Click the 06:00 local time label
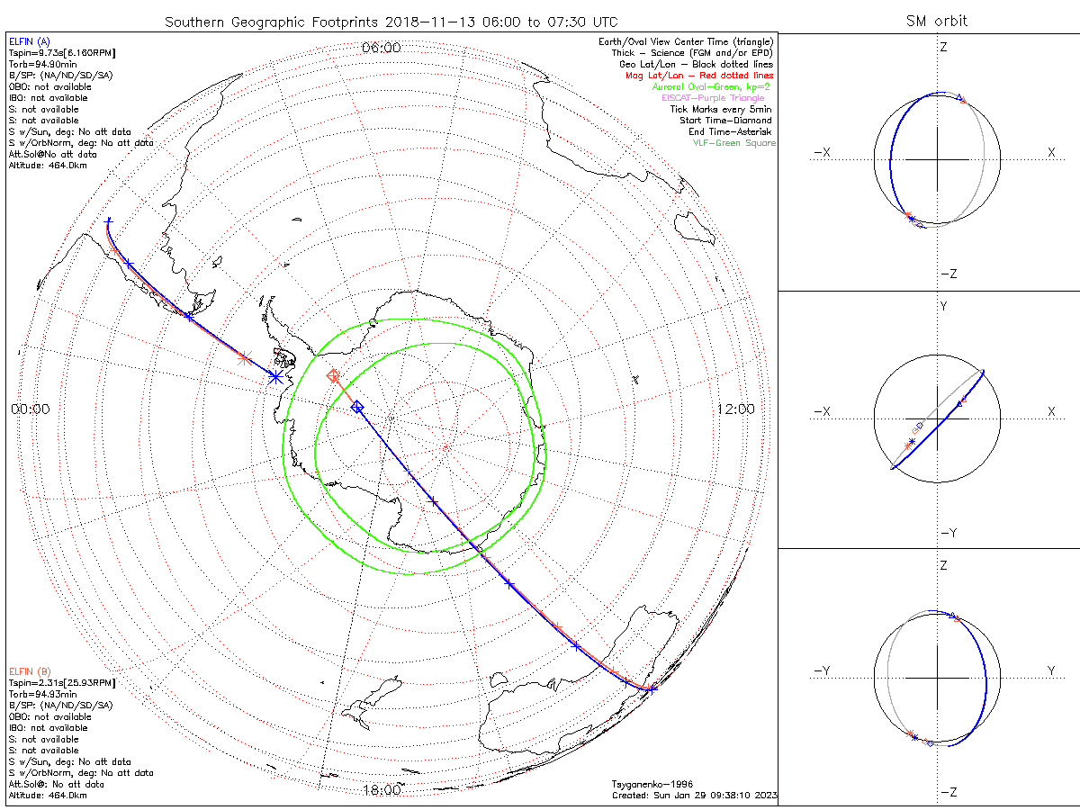(x=381, y=48)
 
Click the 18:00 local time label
(x=381, y=790)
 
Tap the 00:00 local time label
(x=30, y=409)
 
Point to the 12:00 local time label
(x=735, y=409)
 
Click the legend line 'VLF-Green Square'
(x=733, y=143)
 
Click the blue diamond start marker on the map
(x=356, y=408)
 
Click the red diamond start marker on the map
(x=333, y=375)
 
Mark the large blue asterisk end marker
(x=275, y=377)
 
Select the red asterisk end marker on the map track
(x=244, y=357)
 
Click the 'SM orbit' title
(x=939, y=21)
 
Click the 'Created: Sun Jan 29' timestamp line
(x=694, y=796)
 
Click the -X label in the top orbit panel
(x=822, y=153)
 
